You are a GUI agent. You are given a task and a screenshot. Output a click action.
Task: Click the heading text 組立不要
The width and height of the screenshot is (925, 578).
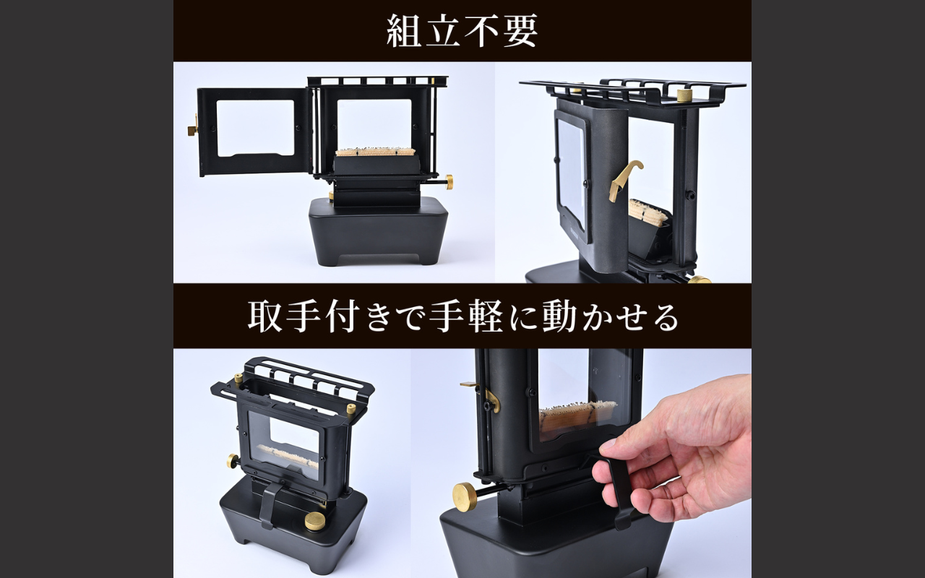click(462, 31)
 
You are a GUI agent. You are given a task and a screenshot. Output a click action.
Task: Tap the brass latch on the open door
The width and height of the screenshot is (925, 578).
click(192, 131)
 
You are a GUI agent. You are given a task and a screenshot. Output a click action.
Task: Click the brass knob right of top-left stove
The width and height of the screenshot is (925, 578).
click(448, 180)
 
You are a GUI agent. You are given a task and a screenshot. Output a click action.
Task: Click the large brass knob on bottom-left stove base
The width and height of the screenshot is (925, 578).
click(315, 520)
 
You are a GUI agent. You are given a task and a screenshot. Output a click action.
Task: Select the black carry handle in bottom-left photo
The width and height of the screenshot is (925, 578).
click(270, 504)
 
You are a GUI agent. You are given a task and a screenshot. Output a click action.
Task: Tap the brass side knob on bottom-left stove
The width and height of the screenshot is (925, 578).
click(233, 460)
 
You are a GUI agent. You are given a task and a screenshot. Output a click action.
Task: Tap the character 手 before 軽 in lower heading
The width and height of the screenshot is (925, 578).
click(446, 317)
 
